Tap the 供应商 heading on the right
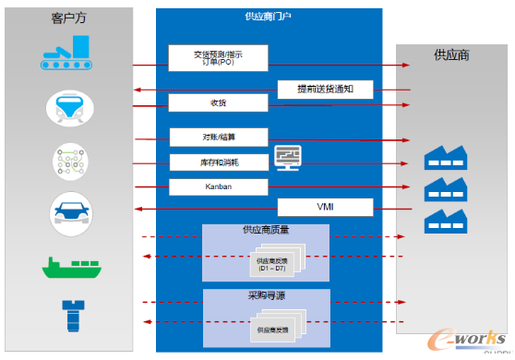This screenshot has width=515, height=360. [x=451, y=54]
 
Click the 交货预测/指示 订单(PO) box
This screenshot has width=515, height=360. [x=219, y=57]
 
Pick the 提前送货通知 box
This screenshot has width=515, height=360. [x=326, y=90]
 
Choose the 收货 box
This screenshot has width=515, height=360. [x=219, y=102]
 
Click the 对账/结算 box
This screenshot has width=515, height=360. [x=219, y=137]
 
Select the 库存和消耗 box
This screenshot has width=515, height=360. [x=219, y=162]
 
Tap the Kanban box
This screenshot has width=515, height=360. [x=219, y=186]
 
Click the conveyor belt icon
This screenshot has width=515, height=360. [x=70, y=54]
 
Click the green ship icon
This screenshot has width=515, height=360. [x=70, y=268]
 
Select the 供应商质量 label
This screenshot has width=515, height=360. [x=266, y=230]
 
